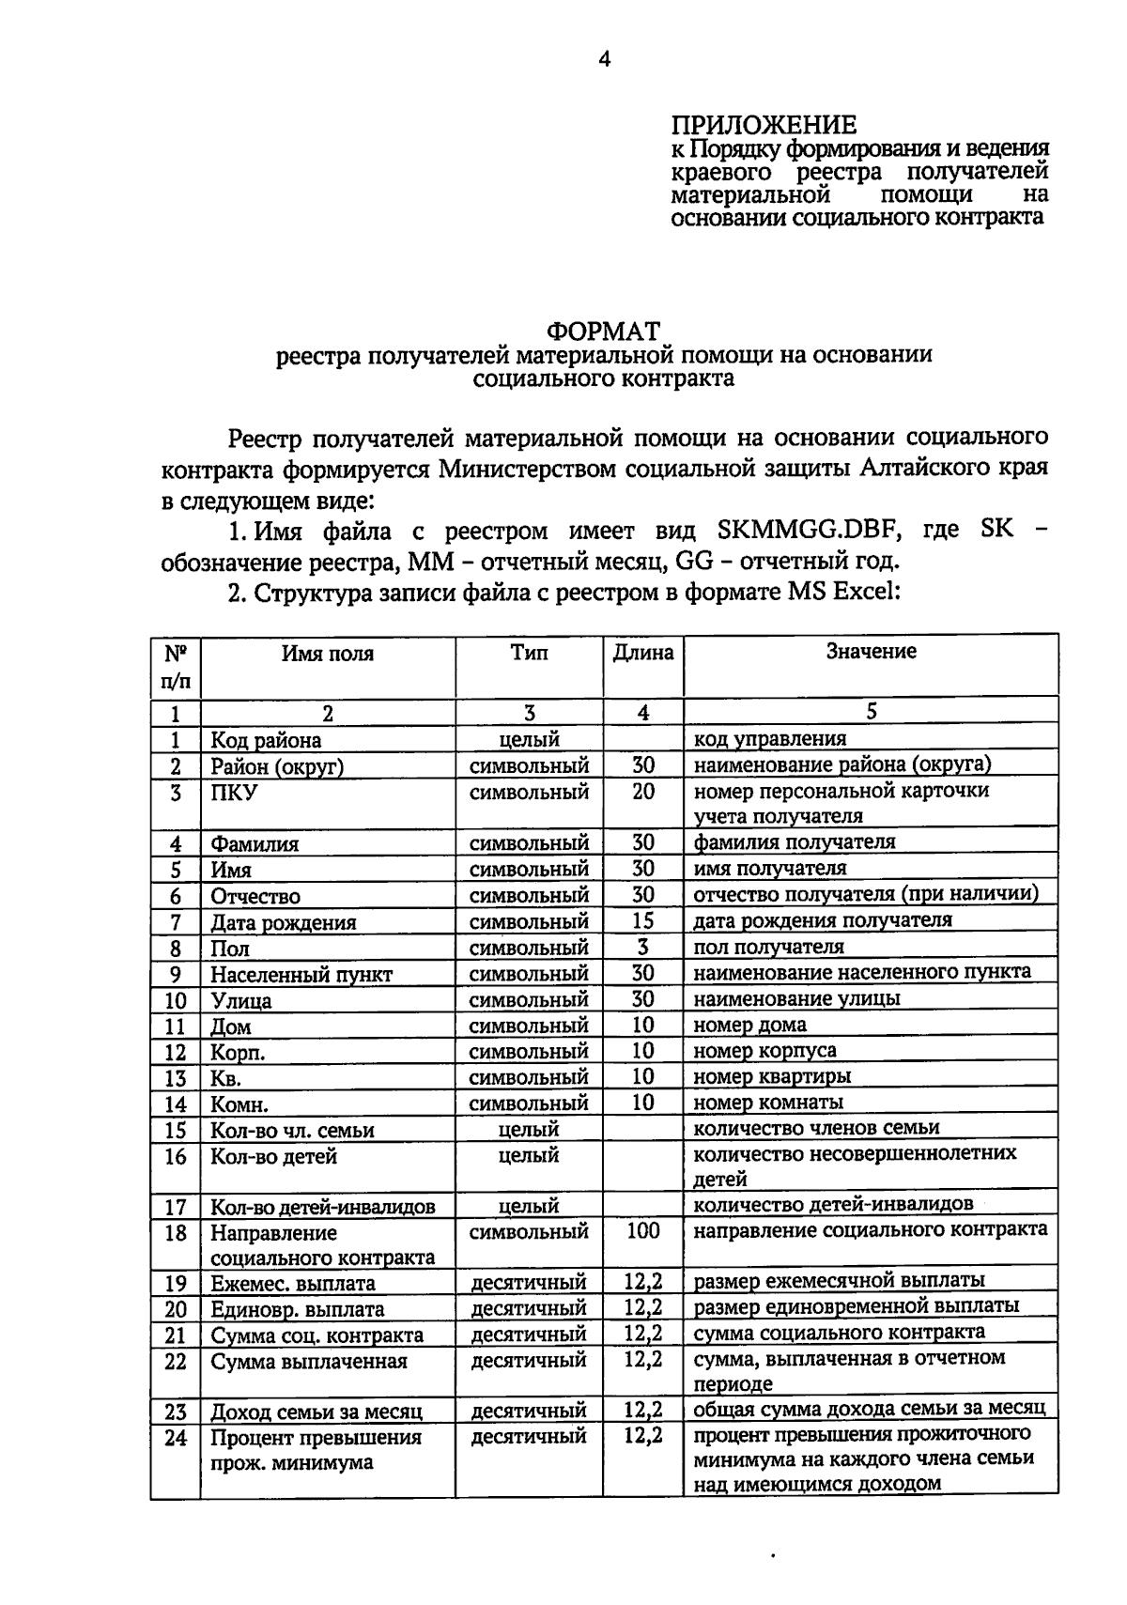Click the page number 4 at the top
(604, 60)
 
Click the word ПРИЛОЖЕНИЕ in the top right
(764, 125)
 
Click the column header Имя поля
(327, 654)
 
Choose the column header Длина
(643, 652)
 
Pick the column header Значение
(871, 651)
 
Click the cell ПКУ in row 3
(233, 793)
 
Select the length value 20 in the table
(643, 791)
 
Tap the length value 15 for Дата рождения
(643, 920)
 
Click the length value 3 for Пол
(643, 947)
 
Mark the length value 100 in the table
(643, 1230)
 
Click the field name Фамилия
(254, 843)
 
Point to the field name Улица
(240, 1000)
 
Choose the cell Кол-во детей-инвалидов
(322, 1207)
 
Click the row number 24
(176, 1438)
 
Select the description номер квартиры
(772, 1076)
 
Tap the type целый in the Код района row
(529, 739)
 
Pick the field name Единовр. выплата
(297, 1309)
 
